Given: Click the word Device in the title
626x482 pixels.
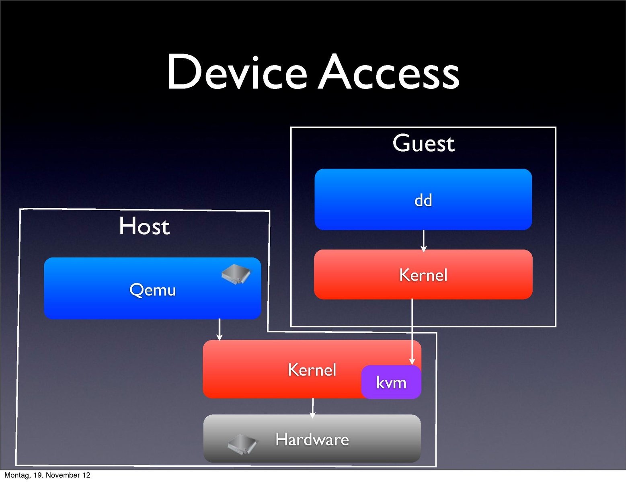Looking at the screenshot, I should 237,72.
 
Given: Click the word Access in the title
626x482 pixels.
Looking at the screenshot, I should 389,72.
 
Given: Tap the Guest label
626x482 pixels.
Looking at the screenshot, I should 423,144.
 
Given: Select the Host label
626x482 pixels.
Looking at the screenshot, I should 144,226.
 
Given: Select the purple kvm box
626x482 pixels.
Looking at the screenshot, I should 391,382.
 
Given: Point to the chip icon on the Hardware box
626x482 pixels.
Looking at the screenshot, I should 242,444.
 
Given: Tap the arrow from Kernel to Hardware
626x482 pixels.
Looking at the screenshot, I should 313,407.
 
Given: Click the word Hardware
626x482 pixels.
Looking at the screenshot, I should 312,439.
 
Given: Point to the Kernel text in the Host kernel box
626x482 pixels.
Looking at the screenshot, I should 312,370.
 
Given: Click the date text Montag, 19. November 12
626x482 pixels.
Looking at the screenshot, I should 47,475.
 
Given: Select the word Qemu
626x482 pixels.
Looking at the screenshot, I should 153,290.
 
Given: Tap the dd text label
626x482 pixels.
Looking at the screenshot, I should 423,200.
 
